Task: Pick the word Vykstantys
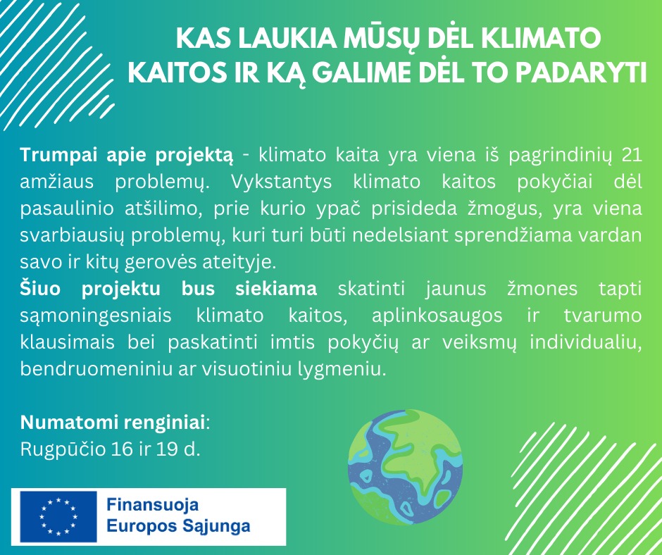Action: pos(281,182)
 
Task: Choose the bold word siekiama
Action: pos(275,289)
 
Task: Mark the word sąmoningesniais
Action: pos(96,316)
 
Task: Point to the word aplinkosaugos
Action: pos(437,316)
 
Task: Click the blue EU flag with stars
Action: pos(58,516)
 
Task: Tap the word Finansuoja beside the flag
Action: pos(152,504)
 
